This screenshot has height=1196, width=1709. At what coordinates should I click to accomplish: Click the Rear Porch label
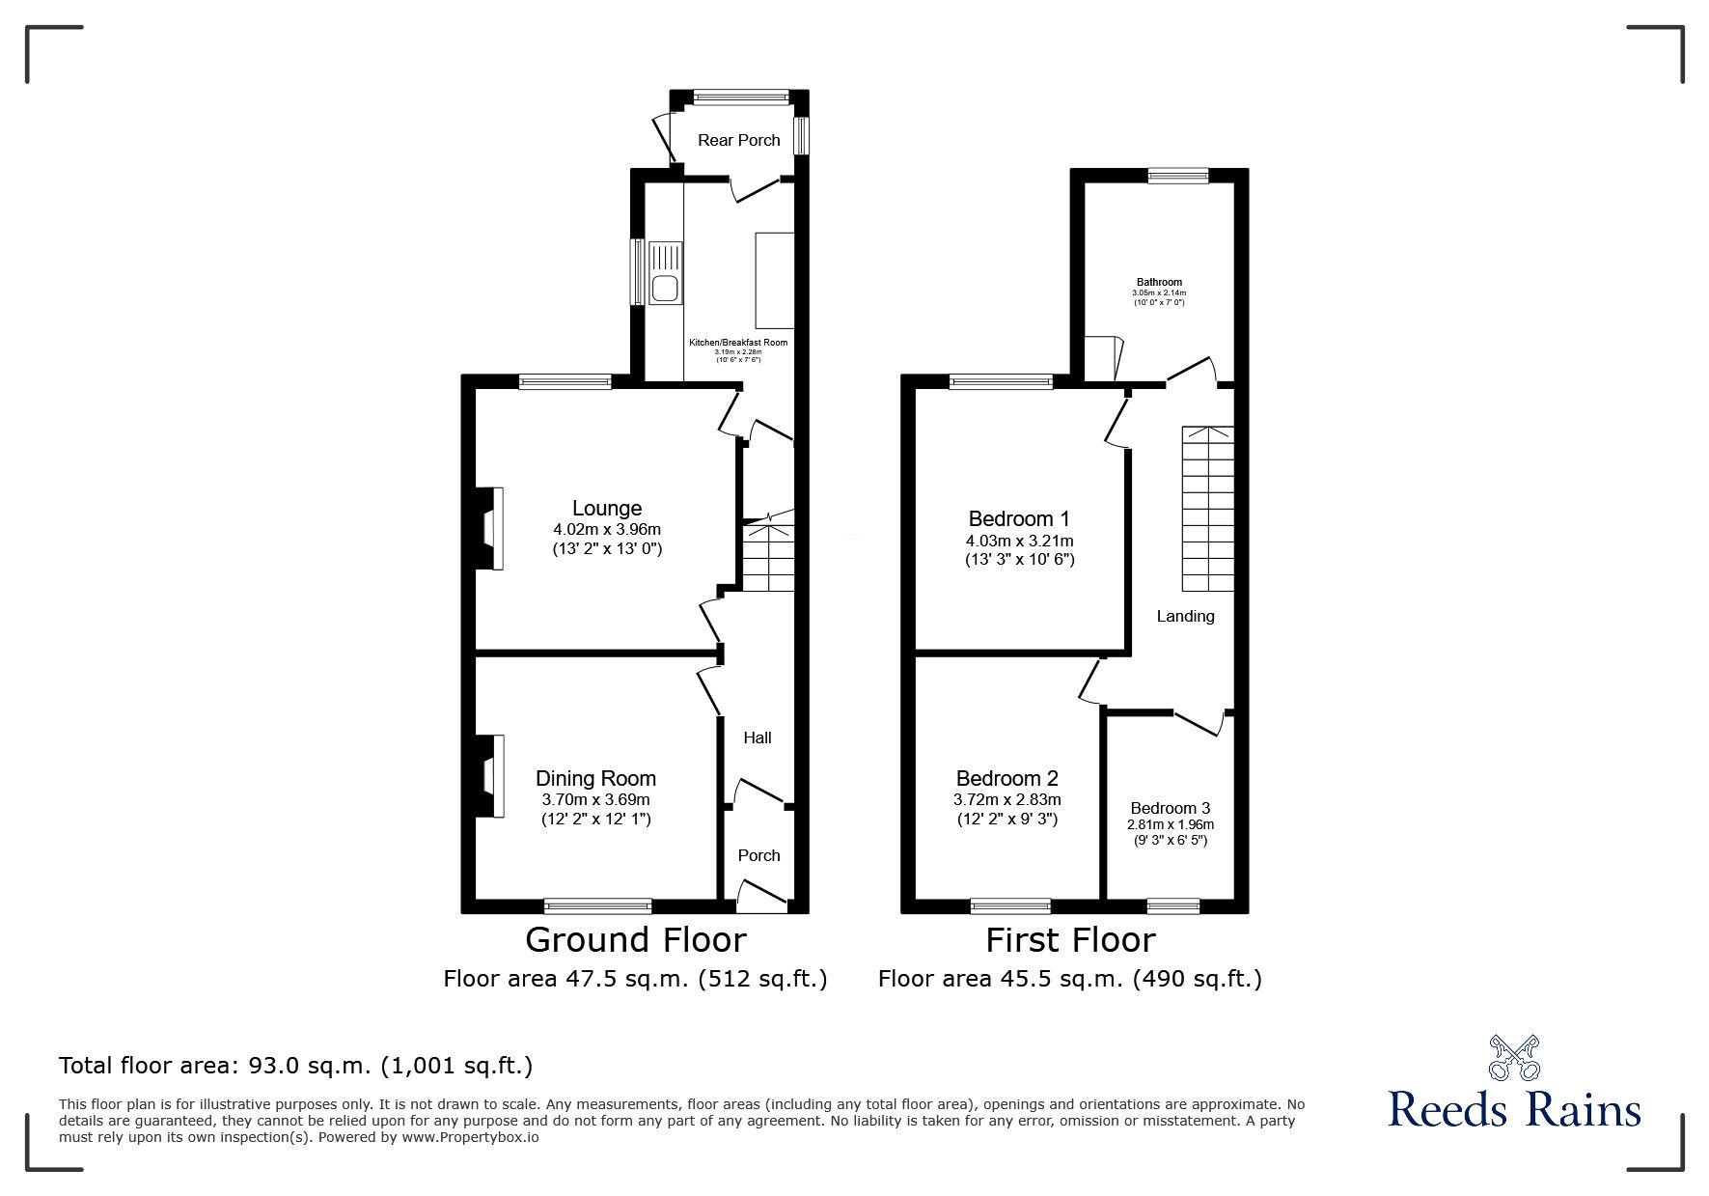click(738, 140)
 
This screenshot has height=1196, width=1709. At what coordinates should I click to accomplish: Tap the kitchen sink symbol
click(665, 273)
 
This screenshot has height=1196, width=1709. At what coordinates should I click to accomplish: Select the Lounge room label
click(606, 508)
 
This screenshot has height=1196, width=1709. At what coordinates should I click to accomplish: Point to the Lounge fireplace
click(490, 529)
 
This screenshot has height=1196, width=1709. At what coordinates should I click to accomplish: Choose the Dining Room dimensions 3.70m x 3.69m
click(595, 799)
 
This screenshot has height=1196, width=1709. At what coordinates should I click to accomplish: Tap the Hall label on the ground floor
click(758, 737)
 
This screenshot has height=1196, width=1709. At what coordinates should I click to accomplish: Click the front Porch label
click(758, 855)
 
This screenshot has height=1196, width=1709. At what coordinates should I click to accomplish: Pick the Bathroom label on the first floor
click(1159, 282)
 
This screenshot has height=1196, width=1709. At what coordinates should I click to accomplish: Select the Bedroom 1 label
click(1019, 517)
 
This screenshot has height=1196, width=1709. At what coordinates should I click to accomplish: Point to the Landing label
click(1185, 616)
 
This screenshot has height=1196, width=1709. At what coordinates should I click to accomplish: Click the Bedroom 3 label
click(1170, 808)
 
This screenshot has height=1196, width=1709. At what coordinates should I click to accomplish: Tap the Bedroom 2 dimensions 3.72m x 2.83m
click(1006, 799)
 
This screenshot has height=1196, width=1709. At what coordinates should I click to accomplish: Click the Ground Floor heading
click(635, 939)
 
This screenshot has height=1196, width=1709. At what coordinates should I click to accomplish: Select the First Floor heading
click(1070, 939)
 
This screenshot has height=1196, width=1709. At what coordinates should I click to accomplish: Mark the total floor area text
click(295, 1066)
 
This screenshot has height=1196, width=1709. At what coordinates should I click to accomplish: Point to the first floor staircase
click(1208, 509)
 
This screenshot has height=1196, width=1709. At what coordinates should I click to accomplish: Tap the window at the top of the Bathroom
click(1177, 176)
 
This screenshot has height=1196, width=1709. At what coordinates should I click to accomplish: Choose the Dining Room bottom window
click(597, 905)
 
